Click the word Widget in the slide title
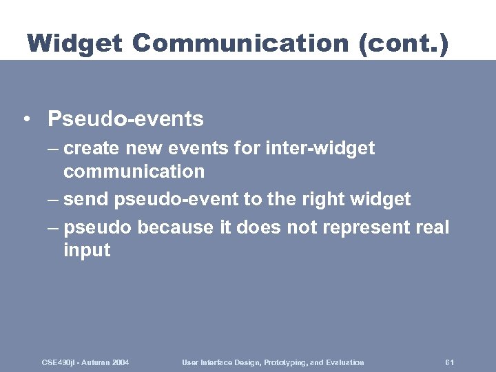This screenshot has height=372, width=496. tap(74, 43)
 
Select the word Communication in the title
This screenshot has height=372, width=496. tap(240, 43)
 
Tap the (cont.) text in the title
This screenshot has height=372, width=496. tap(403, 43)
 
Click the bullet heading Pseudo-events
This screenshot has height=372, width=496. tap(125, 119)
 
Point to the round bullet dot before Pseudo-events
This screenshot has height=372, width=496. tap(25, 120)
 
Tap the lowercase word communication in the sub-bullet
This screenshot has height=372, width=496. tap(134, 171)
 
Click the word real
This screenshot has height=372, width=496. tap(432, 227)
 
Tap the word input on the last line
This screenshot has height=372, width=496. tap(86, 250)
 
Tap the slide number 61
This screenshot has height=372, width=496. tap(450, 362)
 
